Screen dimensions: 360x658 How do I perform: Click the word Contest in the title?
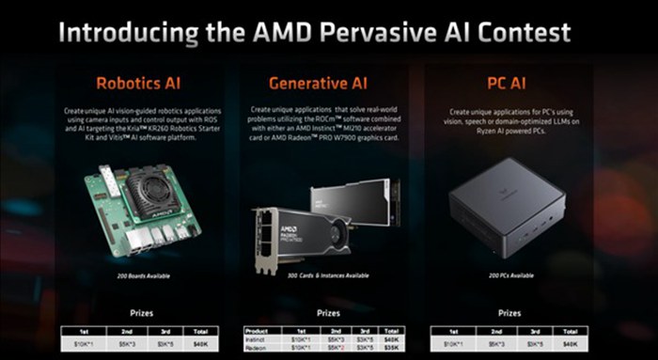[x=518, y=34]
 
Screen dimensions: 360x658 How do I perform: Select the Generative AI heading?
[x=325, y=84]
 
